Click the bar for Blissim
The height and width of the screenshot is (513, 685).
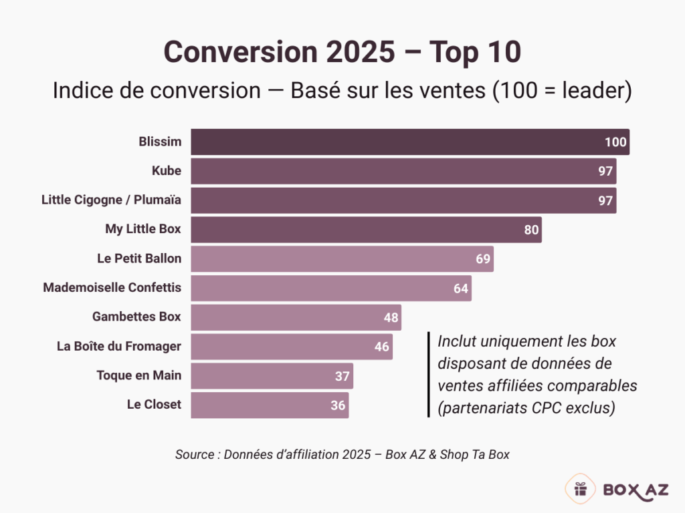(409, 142)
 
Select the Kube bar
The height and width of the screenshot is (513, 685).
(403, 171)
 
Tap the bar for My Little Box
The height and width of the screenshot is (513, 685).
(366, 229)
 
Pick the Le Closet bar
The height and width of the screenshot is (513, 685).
(270, 405)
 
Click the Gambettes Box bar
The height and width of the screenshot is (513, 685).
(296, 317)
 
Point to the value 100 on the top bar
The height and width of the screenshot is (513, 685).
(615, 142)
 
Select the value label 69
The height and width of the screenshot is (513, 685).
(483, 259)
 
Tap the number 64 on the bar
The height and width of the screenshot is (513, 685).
(461, 288)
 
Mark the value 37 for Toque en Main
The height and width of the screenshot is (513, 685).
(342, 376)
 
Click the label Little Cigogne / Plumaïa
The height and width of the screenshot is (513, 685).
(111, 200)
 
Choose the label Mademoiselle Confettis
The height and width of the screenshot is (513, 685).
(112, 288)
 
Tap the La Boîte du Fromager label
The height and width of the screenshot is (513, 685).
(119, 346)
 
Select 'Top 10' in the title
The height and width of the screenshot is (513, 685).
(479, 52)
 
